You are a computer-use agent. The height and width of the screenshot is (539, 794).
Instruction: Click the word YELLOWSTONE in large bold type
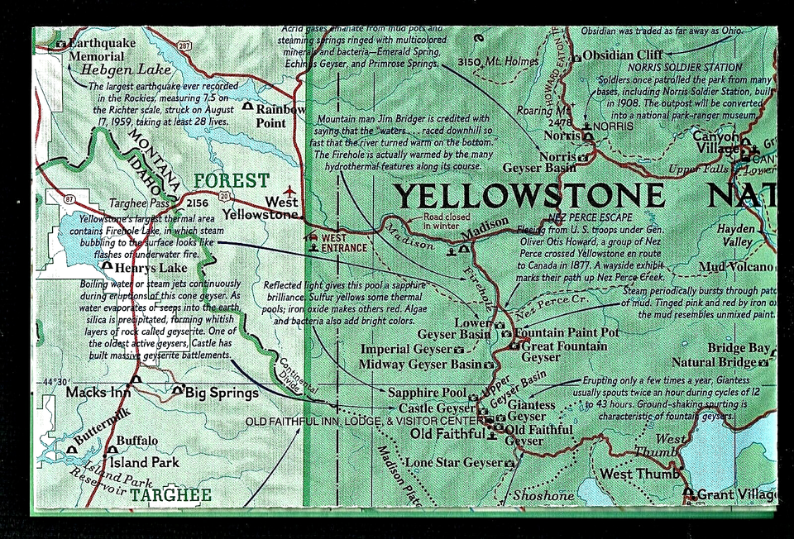pyautogui.click(x=529, y=197)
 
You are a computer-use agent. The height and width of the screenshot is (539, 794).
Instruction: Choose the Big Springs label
pyautogui.click(x=221, y=393)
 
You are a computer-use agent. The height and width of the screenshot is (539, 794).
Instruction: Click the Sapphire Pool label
pyautogui.click(x=427, y=393)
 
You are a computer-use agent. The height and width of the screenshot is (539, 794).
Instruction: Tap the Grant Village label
pyautogui.click(x=735, y=494)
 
